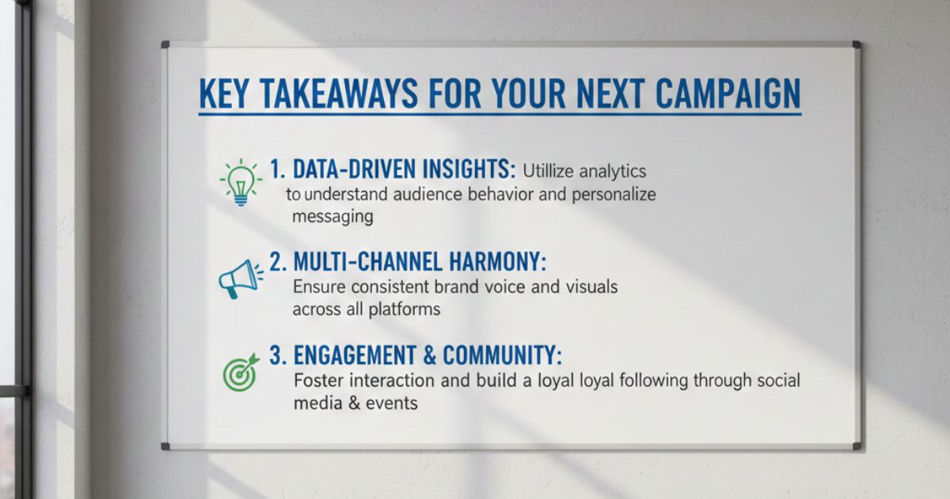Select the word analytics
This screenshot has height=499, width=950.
[612, 170]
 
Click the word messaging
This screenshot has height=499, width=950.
[332, 216]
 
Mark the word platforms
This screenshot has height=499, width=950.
[404, 310]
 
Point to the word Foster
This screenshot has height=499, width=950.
[318, 380]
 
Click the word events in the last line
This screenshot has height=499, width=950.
[391, 403]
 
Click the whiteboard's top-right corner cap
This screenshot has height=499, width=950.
[856, 44]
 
